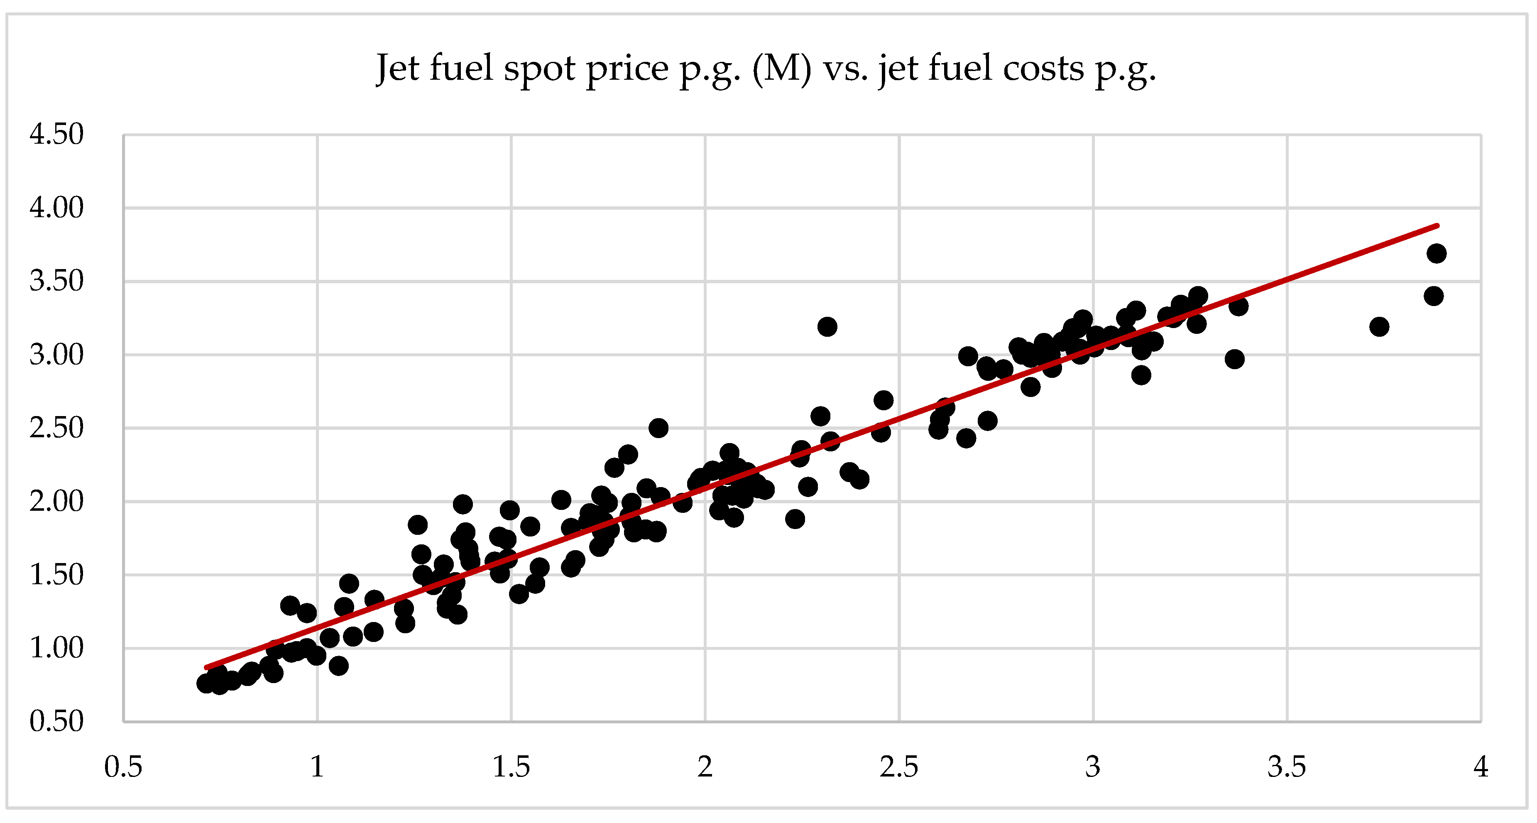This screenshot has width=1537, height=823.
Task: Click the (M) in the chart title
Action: (782, 68)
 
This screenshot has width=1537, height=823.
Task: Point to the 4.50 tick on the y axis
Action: (57, 134)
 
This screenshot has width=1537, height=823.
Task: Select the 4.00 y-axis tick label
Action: (57, 208)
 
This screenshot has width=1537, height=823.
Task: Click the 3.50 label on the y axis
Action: (57, 281)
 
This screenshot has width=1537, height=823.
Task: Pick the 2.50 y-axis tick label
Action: (57, 428)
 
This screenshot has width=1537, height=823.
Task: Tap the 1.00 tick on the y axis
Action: (57, 648)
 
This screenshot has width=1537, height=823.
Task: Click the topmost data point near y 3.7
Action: (1436, 253)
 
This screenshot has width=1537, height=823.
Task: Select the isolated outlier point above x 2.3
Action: (827, 326)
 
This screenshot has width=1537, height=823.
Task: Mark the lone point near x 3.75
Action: (1379, 326)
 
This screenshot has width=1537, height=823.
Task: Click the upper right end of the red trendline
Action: (1437, 225)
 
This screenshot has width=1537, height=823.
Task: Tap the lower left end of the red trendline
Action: (206, 667)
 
